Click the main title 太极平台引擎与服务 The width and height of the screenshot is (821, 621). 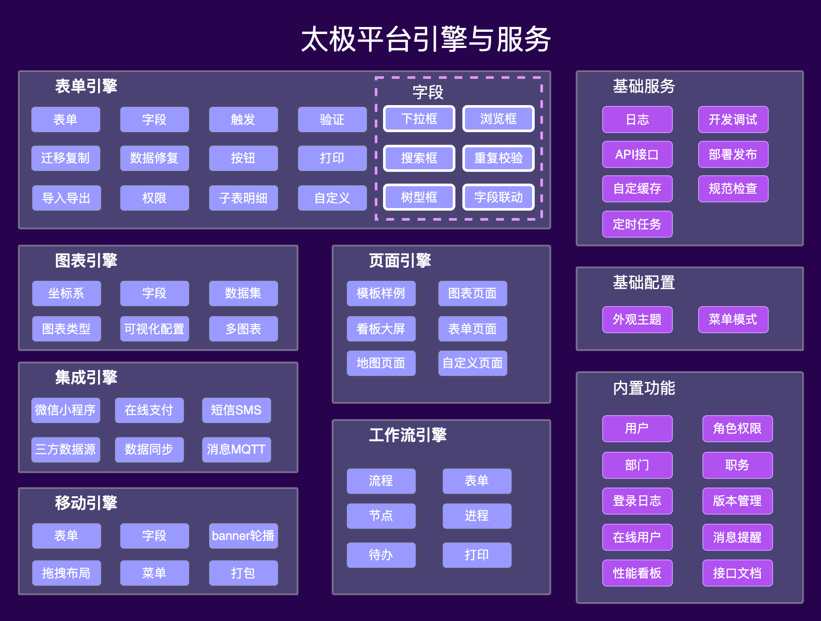(426, 39)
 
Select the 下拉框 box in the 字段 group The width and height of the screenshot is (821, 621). (419, 119)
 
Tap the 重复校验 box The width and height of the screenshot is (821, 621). (498, 158)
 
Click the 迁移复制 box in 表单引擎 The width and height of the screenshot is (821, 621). (66, 158)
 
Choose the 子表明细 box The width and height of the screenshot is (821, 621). (243, 198)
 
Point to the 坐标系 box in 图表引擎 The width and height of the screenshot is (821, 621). (66, 293)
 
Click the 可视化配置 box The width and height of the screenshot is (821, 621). (154, 329)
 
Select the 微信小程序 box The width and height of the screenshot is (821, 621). (66, 410)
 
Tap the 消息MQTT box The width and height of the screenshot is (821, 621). (236, 450)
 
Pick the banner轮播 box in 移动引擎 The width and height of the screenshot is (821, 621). (243, 536)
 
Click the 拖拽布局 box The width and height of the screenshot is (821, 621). (66, 573)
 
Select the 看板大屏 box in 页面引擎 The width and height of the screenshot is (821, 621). (381, 329)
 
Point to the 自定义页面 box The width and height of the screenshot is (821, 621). (472, 363)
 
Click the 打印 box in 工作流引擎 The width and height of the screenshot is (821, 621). (477, 555)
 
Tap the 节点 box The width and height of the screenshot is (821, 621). (381, 516)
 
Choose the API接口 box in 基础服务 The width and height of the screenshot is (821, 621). (637, 154)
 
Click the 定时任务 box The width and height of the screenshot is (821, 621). (637, 224)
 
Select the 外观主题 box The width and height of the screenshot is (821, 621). (637, 320)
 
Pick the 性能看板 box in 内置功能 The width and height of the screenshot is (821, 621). (637, 573)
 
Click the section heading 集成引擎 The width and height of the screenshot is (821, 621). (86, 378)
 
